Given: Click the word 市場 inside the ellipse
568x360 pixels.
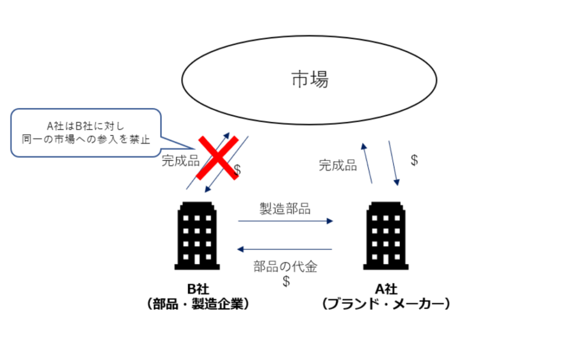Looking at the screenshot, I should tap(310, 80).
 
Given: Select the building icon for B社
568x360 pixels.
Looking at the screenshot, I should tap(197, 236).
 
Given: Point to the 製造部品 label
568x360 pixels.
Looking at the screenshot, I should tap(285, 209).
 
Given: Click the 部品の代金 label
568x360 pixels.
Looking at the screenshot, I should tap(285, 266).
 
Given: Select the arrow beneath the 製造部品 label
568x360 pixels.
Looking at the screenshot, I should tap(285, 221).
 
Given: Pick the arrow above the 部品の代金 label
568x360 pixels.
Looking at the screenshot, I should tap(285, 250).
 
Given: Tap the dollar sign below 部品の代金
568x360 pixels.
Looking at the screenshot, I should tap(286, 281).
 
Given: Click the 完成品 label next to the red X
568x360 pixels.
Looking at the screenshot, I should tap(180, 161).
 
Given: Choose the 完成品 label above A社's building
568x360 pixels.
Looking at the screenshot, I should tap(338, 165).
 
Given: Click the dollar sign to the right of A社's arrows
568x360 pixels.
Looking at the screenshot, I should tap(414, 160).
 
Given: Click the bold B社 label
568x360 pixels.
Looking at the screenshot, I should tap(198, 288).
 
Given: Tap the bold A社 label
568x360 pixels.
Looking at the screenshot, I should tap(387, 288).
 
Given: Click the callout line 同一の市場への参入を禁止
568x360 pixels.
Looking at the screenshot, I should tap(85, 139).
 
